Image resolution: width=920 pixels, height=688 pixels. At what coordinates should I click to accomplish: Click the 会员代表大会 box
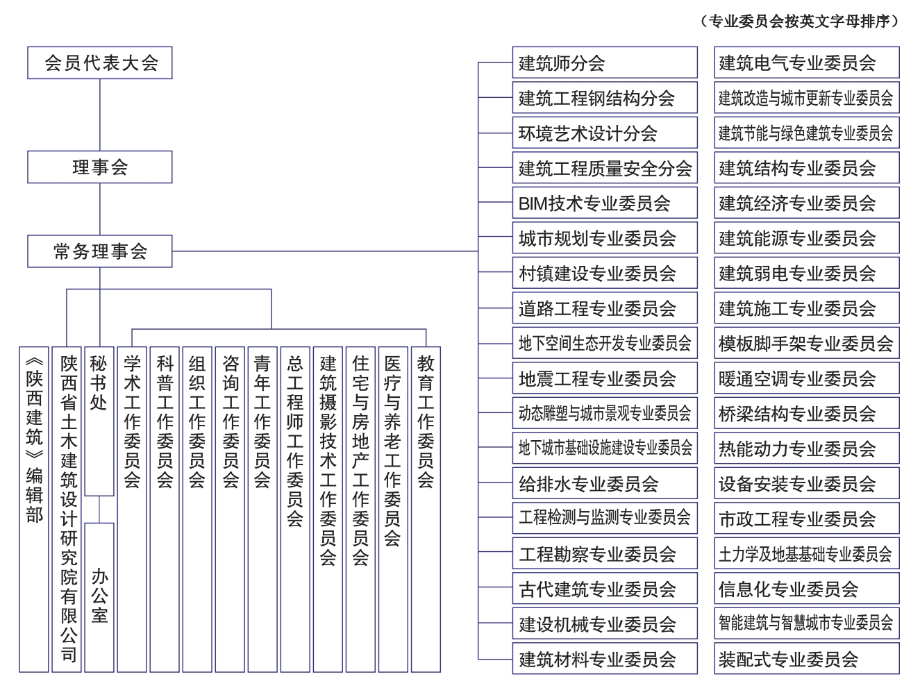100,63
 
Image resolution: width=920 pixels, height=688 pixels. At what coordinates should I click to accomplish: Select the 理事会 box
100,167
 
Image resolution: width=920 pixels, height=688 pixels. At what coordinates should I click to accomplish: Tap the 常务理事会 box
100,251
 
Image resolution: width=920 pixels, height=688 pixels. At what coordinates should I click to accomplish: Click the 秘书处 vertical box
99,421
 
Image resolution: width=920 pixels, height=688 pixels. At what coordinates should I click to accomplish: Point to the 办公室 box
99,598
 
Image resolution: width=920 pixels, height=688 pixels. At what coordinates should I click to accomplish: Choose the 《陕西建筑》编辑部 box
34,510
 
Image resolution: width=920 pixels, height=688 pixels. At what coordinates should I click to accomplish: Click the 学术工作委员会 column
132,510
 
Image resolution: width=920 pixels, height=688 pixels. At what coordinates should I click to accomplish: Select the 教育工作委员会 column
426,510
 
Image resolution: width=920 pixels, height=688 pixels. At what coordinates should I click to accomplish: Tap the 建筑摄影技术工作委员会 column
328,510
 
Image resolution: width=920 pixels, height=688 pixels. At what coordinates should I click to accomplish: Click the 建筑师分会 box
605,62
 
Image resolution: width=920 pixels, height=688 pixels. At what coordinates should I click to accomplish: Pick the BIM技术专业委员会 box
605,203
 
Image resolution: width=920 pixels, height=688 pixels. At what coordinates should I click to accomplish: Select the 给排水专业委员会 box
605,483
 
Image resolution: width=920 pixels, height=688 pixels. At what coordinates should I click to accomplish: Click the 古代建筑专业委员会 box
605,588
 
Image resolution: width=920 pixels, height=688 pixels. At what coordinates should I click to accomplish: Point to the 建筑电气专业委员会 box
807,62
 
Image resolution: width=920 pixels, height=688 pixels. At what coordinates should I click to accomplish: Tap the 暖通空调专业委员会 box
807,378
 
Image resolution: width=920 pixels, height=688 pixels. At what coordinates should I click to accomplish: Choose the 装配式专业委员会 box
807,658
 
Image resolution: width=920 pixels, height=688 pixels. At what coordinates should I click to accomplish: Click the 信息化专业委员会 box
807,588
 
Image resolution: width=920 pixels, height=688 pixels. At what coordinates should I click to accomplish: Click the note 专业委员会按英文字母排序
800,21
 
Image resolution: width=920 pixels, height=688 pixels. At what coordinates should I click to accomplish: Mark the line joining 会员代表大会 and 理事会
100,115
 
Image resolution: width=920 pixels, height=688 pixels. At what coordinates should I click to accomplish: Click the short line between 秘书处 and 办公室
99,510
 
